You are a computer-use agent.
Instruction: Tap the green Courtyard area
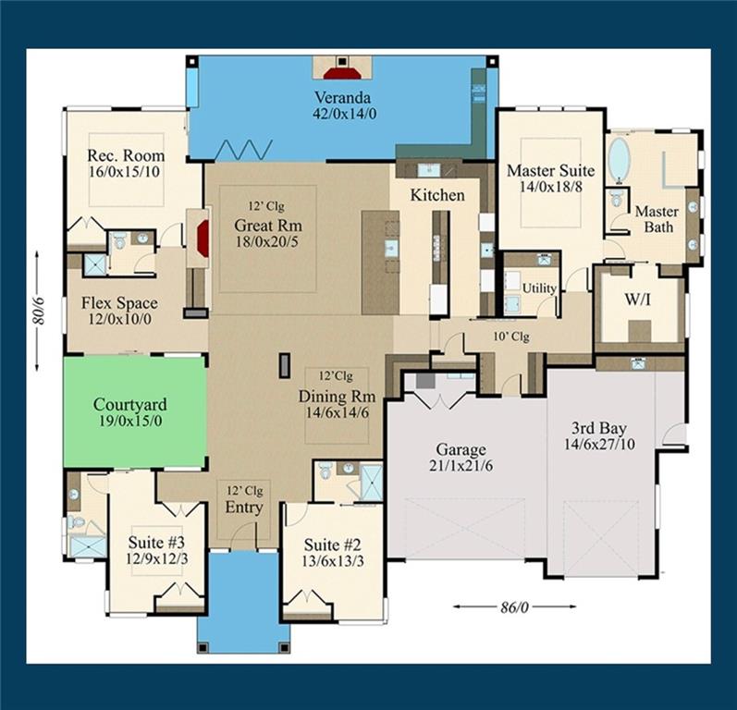pos(134,412)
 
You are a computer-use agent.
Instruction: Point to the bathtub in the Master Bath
pos(619,162)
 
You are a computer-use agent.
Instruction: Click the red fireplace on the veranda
pos(342,72)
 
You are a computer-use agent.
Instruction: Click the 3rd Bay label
pos(599,429)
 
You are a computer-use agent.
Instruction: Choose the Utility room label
pos(539,288)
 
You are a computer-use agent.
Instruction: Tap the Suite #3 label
pos(156,543)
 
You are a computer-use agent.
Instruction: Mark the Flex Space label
pos(119,303)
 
